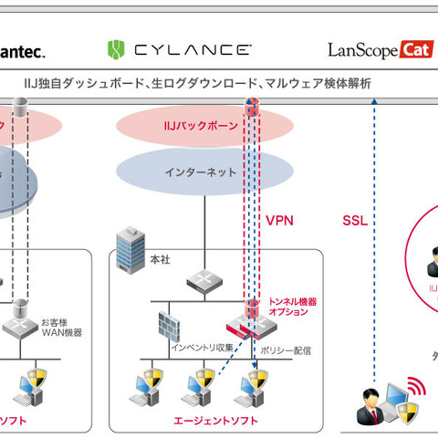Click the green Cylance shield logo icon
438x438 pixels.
click(117, 48)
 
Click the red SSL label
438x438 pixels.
click(355, 221)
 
